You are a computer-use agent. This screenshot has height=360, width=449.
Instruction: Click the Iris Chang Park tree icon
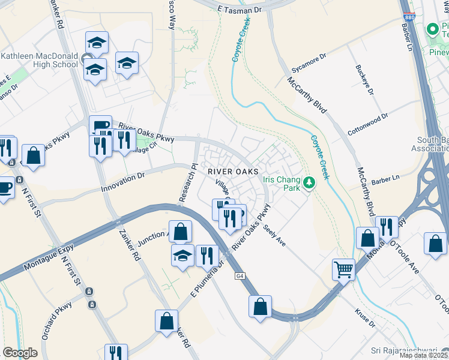[x=309, y=182]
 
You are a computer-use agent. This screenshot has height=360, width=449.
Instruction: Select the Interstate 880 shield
[x=409, y=16]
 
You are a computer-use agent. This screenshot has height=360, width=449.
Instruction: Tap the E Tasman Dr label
[x=240, y=10]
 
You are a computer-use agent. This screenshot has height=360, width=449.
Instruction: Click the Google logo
[x=20, y=353]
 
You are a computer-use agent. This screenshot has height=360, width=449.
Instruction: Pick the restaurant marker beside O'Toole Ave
[x=387, y=227]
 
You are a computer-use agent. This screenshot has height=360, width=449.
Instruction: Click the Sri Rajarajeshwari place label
[x=408, y=350]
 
